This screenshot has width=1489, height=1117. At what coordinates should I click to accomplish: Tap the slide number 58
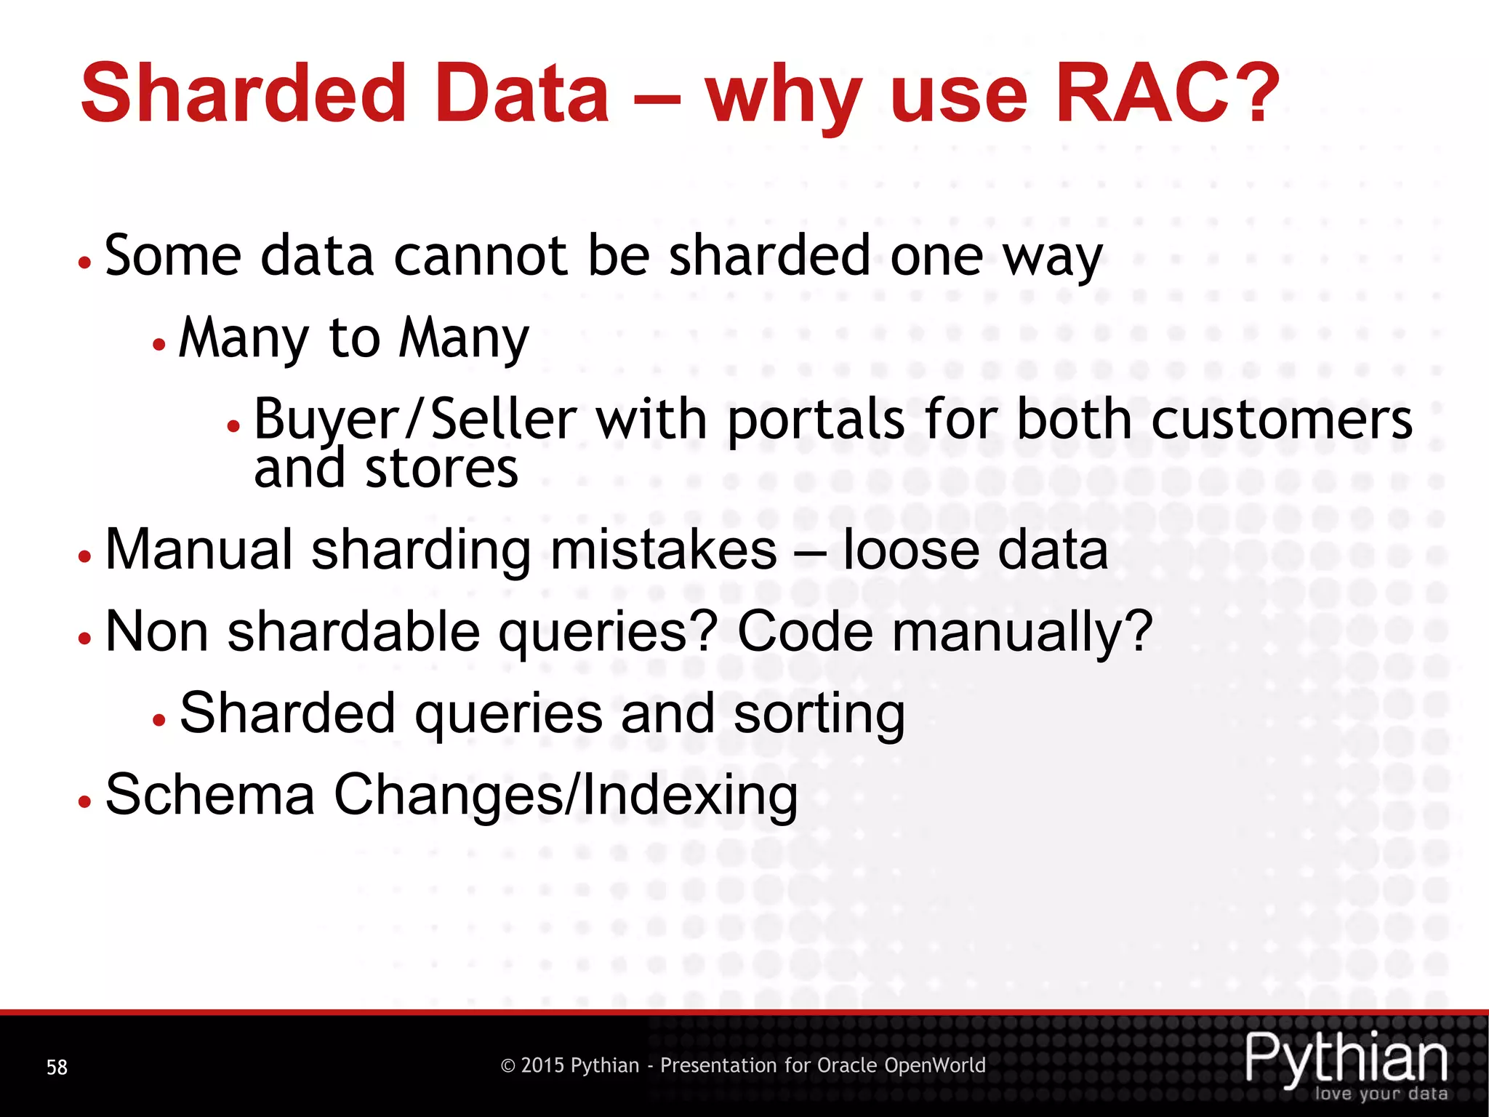point(57,1067)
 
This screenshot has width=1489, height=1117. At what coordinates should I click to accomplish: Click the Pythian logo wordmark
point(1346,1058)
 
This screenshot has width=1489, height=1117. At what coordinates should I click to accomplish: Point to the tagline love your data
point(1381,1094)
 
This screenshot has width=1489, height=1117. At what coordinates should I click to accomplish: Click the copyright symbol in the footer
point(508,1066)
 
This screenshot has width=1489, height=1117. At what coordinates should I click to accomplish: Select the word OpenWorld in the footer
point(934,1065)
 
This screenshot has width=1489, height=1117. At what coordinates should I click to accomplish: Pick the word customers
point(1282,420)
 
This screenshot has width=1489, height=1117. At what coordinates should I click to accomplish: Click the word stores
point(441,468)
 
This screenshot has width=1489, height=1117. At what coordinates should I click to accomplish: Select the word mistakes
point(664,550)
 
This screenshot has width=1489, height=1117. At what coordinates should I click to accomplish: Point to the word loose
point(910,550)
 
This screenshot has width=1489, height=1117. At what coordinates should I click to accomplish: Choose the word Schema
point(210,795)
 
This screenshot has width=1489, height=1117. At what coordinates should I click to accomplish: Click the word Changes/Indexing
point(566,795)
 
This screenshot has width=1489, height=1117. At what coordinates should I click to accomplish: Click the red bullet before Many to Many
point(159,345)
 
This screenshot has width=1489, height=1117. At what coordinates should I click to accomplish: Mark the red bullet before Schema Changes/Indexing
point(85,801)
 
